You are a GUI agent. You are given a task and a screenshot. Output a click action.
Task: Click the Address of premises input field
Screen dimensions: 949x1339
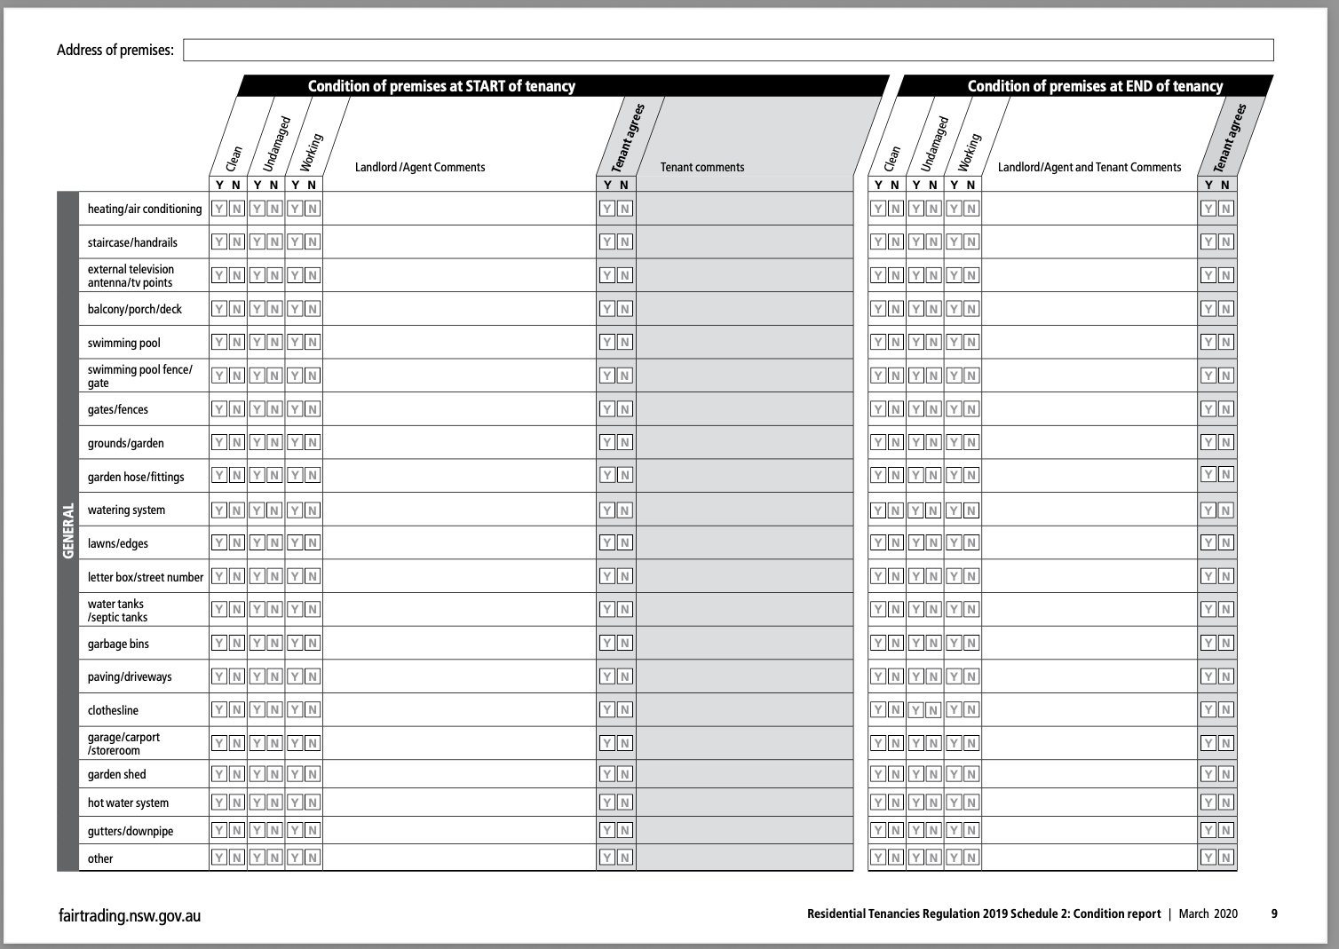click(x=728, y=50)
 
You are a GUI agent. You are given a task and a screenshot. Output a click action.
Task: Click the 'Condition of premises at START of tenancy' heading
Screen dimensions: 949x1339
click(x=441, y=86)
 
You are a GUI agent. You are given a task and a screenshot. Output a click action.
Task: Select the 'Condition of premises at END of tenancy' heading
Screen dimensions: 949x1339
click(x=1094, y=86)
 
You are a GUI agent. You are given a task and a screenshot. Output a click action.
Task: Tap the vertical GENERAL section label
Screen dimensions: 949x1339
click(x=67, y=531)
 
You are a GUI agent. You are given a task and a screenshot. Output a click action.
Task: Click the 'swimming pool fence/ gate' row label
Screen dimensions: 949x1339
click(x=139, y=376)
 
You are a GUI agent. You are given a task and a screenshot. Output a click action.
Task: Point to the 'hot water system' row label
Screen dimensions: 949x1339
click(x=128, y=803)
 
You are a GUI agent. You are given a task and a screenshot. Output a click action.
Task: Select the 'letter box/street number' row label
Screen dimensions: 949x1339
click(x=145, y=577)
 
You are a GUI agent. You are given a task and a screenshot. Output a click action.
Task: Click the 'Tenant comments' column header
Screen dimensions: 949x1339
click(x=701, y=167)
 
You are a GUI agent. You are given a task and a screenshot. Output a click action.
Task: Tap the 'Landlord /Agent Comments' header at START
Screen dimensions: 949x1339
click(x=420, y=167)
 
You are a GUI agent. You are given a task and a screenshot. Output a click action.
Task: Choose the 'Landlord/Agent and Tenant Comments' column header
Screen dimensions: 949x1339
click(x=1089, y=167)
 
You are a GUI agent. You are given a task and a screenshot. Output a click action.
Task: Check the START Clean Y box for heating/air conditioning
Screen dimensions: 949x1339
click(x=219, y=209)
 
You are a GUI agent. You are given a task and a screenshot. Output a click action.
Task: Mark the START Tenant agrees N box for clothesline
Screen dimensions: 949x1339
click(x=625, y=709)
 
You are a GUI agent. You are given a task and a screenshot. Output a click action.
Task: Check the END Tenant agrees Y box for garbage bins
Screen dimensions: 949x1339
click(x=1208, y=643)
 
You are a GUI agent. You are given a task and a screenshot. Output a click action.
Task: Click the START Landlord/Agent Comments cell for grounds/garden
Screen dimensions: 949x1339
click(x=458, y=442)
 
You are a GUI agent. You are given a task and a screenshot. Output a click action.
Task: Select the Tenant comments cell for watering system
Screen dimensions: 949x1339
click(x=744, y=510)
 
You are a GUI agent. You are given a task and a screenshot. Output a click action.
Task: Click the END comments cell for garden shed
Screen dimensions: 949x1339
click(x=1089, y=774)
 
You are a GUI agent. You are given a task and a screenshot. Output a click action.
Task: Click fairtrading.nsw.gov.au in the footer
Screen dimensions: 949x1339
click(x=129, y=915)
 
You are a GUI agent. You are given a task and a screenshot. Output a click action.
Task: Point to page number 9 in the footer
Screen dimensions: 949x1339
click(x=1274, y=913)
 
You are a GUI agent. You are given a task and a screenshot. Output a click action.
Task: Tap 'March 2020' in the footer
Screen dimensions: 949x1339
click(x=1208, y=913)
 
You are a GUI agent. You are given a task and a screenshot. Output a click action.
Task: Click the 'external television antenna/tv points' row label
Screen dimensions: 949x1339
click(x=131, y=275)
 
